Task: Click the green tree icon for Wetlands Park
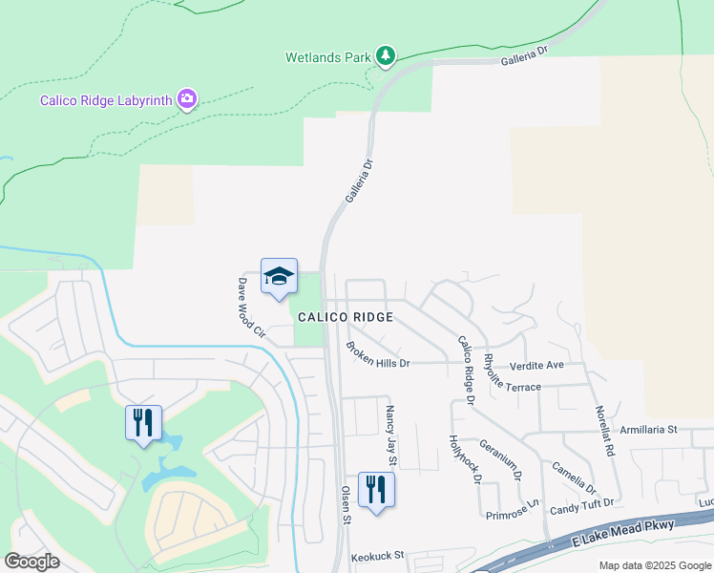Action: [x=385, y=56]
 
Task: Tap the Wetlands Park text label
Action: [x=327, y=57]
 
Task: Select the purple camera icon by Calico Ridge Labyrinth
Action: [x=187, y=99]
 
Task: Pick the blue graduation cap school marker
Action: [x=279, y=277]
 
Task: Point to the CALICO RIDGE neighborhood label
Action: [x=345, y=316]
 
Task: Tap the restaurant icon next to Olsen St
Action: [x=376, y=490]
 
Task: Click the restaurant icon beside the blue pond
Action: [x=143, y=422]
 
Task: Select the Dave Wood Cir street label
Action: [x=251, y=308]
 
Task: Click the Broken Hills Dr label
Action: [x=378, y=356]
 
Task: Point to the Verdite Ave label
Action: [x=536, y=365]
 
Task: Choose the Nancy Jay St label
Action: [x=391, y=436]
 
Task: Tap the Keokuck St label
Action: [x=378, y=554]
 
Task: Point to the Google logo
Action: [x=31, y=562]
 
